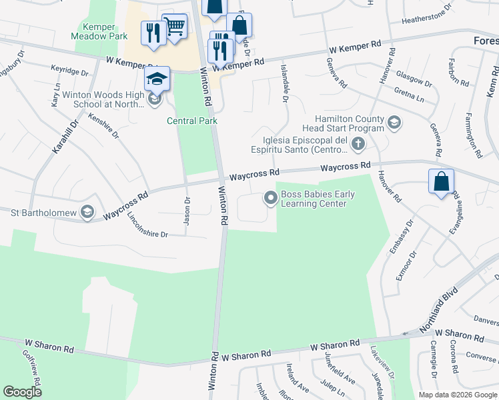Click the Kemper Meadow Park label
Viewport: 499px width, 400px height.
click(x=100, y=32)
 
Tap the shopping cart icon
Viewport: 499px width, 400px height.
click(x=174, y=27)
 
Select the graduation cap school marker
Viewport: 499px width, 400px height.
click(x=157, y=79)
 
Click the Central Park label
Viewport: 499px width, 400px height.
click(x=191, y=121)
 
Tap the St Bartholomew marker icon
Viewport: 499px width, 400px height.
click(x=87, y=213)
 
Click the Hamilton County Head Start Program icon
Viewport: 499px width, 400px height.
click(x=394, y=122)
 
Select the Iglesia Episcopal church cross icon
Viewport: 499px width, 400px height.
click(x=358, y=143)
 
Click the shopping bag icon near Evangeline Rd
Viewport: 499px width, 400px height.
click(x=442, y=181)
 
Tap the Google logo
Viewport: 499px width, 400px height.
click(x=22, y=392)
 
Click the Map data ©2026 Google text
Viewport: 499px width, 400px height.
click(x=457, y=395)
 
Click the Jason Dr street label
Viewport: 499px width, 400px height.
click(x=187, y=211)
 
